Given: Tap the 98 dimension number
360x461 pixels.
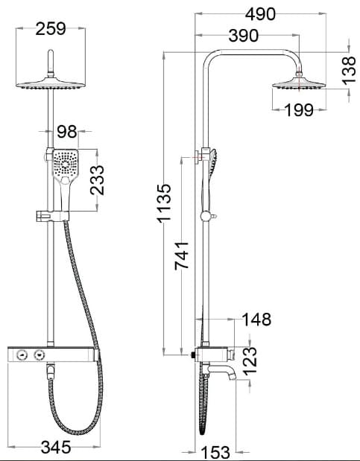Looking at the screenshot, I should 67,132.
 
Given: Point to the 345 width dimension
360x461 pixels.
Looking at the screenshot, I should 56,447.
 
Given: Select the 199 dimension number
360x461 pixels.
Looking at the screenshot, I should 299,110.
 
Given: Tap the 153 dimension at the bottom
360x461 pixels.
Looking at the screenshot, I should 216,451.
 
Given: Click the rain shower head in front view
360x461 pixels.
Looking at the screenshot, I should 51,84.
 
